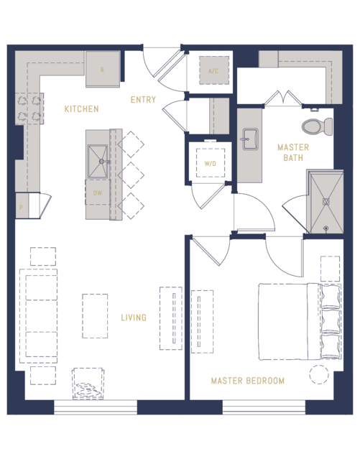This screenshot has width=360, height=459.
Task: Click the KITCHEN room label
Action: pyautogui.click(x=81, y=109)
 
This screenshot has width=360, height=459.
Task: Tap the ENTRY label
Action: pyautogui.click(x=143, y=100)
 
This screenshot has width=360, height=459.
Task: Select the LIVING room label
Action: pyautogui.click(x=134, y=317)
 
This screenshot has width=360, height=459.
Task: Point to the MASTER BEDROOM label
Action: pyautogui.click(x=247, y=381)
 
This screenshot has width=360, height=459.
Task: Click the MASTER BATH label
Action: pyautogui.click(x=293, y=152)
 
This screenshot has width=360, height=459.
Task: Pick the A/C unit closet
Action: pyautogui.click(x=213, y=71)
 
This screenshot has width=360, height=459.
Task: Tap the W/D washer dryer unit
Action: pyautogui.click(x=210, y=164)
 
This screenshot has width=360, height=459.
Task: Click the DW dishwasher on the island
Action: pyautogui.click(x=98, y=193)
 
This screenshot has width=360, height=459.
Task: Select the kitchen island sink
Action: pyautogui.click(x=98, y=156)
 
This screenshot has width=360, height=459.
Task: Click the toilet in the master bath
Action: pyautogui.click(x=315, y=127)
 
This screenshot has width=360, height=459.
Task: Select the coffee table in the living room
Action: pyautogui.click(x=95, y=316)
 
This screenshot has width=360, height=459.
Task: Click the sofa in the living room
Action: pyautogui.click(x=41, y=315)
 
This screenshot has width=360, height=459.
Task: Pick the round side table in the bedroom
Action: pyautogui.click(x=318, y=375)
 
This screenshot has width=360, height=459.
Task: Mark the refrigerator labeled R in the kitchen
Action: pyautogui.click(x=103, y=70)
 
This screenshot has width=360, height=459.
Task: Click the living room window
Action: pyautogui.click(x=96, y=407)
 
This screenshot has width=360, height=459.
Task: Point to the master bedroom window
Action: pyautogui.click(x=264, y=407)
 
